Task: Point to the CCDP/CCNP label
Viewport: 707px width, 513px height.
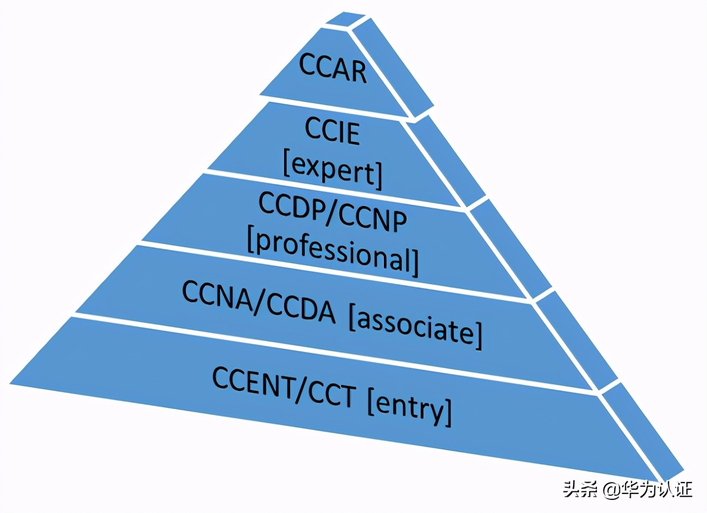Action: coord(332,213)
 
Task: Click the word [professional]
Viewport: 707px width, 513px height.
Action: coord(333,252)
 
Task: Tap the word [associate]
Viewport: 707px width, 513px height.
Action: coord(415,325)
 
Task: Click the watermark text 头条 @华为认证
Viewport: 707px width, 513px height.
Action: coord(627,490)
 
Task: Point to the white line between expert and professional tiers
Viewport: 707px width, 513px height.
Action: coord(333,188)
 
